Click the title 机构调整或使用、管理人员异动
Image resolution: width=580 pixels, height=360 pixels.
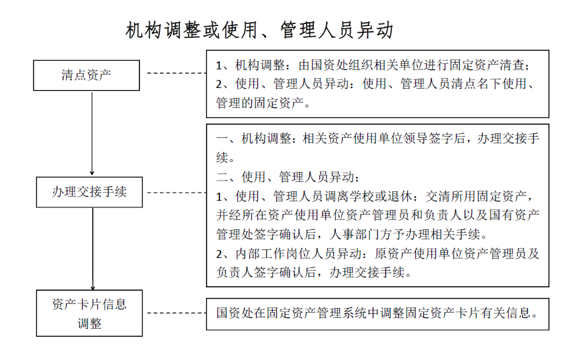pos(259,30)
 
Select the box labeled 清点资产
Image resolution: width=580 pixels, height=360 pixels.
pos(87,75)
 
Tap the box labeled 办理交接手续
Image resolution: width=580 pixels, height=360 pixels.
pos(89,192)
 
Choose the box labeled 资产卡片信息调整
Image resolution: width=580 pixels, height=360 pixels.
pos(89,313)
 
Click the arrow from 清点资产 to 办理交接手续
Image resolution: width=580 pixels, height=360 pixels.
pos(92,133)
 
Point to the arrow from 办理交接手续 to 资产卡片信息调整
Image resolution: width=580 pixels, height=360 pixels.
pos(93,249)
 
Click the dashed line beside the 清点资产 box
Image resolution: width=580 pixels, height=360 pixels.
pos(177,73)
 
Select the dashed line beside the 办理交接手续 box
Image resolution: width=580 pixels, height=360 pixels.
pos(177,193)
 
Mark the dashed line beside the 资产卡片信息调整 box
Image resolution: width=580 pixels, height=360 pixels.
pos(177,313)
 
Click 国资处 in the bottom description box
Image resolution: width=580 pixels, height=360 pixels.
pos(235,313)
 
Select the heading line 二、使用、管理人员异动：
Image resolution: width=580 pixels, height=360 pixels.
pos(288,177)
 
